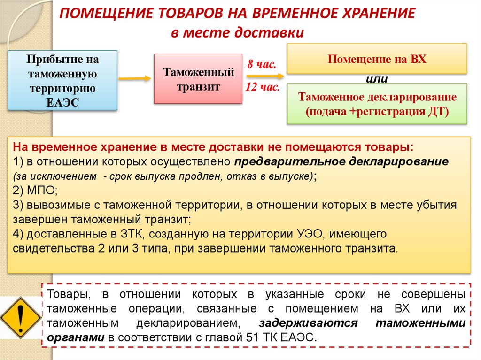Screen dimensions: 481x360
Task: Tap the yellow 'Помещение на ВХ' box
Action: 377,59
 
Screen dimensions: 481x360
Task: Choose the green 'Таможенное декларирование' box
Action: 377,104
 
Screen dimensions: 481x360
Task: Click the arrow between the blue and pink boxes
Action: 134,78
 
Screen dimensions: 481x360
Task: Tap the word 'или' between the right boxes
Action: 377,78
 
